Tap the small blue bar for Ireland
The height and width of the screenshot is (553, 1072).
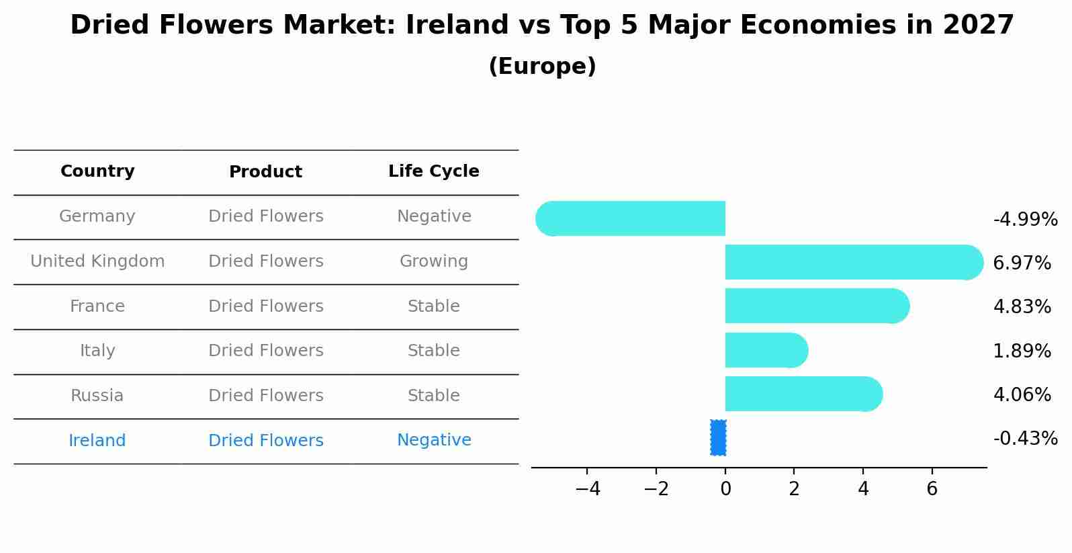(718, 437)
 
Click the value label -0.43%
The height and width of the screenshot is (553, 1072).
(1025, 439)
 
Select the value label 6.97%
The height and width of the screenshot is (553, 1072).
(1022, 263)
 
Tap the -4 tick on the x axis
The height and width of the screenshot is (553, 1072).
(588, 489)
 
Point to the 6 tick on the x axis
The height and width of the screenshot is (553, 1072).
(932, 489)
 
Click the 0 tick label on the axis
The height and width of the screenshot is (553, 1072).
(725, 489)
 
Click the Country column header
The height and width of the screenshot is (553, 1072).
(97, 171)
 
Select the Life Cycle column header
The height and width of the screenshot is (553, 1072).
(434, 171)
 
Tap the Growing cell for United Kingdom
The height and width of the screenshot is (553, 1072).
(434, 261)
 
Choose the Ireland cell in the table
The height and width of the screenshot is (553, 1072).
(97, 441)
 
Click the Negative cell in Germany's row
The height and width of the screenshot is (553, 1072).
(434, 216)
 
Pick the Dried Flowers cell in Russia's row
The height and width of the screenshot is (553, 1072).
(266, 396)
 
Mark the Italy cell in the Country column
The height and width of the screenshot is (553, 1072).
(97, 351)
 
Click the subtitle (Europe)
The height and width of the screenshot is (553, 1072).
(542, 67)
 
